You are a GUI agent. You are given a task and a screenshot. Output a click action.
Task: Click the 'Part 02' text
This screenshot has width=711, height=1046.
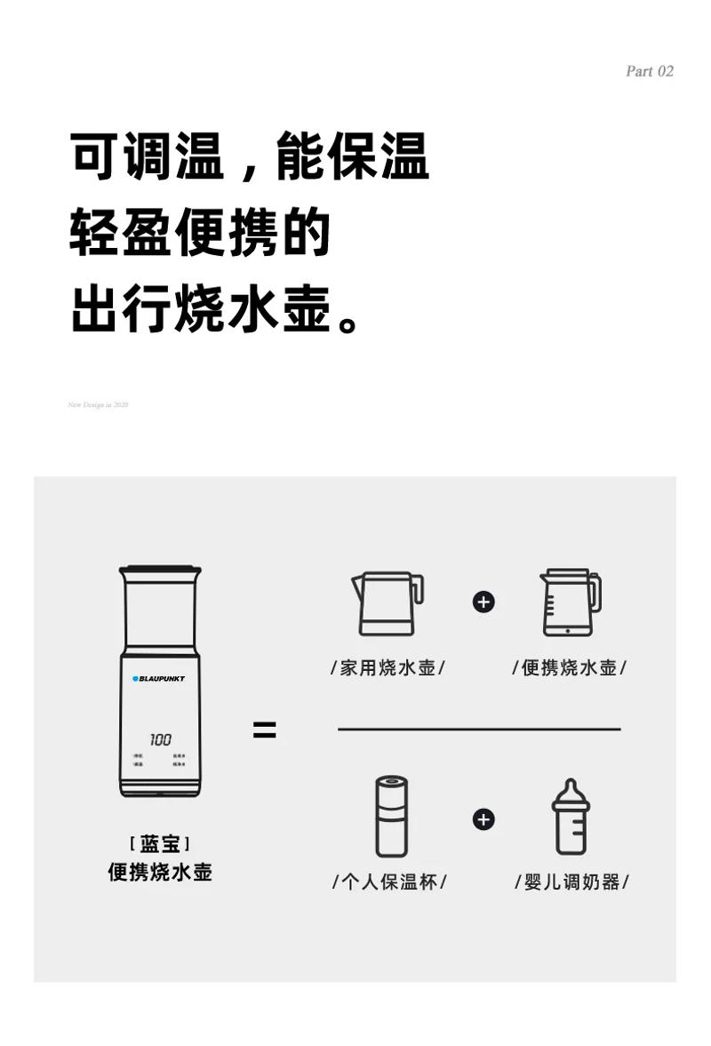(650, 71)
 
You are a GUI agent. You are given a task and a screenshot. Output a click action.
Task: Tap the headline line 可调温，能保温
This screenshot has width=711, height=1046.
(249, 157)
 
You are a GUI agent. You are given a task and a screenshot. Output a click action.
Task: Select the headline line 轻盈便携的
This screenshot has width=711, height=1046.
(200, 234)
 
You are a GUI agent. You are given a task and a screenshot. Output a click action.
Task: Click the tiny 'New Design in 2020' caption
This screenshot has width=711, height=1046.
(99, 405)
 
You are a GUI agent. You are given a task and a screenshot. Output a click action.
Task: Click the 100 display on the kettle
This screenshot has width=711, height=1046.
(160, 739)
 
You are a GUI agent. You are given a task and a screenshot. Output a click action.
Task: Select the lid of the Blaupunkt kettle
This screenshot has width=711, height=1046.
(160, 571)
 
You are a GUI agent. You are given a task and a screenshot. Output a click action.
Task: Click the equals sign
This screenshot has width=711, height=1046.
(264, 731)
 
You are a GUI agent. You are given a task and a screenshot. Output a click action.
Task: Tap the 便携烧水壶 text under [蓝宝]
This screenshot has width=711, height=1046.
(160, 872)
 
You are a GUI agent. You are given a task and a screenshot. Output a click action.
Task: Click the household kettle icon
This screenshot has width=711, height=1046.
(387, 603)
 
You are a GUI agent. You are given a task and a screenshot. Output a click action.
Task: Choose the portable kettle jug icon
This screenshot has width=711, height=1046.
(570, 603)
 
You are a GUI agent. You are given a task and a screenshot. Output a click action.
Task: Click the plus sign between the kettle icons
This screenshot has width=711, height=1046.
(483, 602)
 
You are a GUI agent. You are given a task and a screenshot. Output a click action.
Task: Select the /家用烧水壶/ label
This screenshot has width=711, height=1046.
(387, 667)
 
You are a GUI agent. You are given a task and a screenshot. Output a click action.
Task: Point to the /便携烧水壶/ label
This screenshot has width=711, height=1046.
(570, 667)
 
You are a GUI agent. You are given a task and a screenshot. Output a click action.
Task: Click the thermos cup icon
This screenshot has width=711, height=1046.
(390, 816)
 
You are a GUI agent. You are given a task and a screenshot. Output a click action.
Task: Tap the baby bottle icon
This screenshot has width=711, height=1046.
(571, 816)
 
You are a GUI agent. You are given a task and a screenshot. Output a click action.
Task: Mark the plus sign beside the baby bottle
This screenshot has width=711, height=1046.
(483, 818)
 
